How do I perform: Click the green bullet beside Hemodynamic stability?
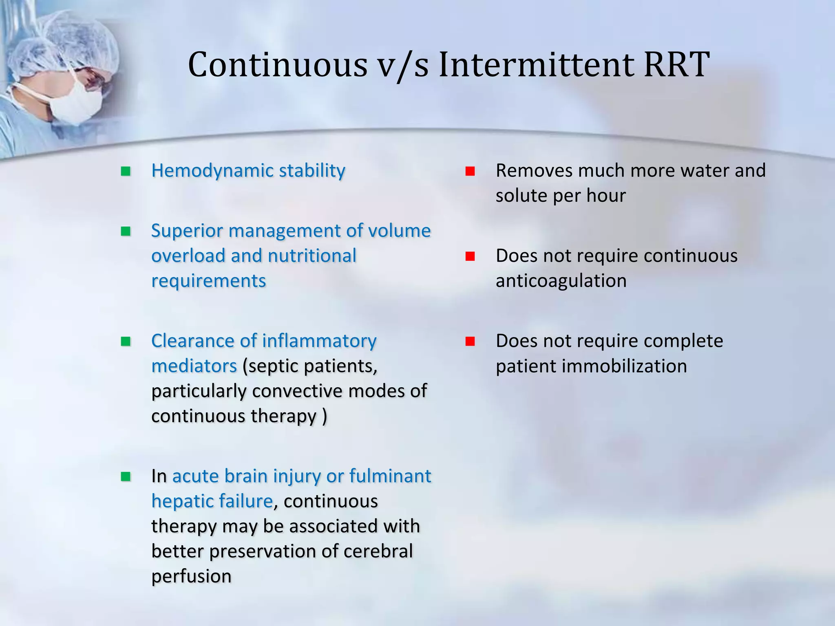click(126, 171)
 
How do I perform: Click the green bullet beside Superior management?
click(126, 231)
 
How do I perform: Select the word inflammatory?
click(319, 341)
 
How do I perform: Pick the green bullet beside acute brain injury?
click(126, 476)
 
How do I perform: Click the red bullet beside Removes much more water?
click(470, 171)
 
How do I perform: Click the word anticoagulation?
click(561, 281)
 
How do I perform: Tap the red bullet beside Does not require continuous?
click(470, 256)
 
